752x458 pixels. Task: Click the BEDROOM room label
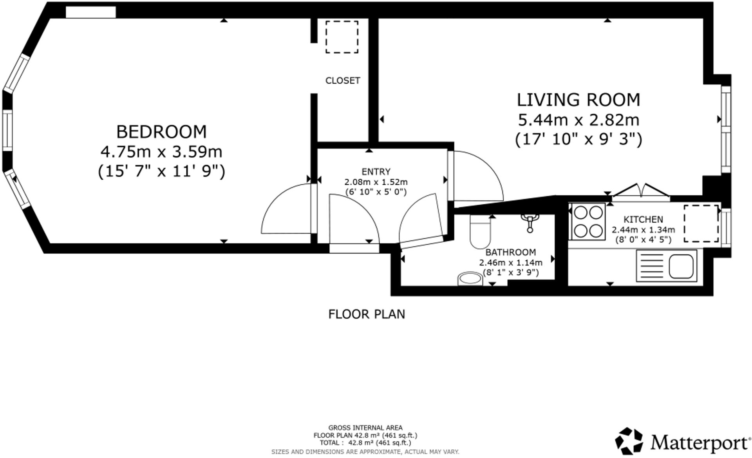point(161,132)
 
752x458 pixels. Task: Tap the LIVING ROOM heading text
point(578,100)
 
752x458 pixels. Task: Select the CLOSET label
point(343,80)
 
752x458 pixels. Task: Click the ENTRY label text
point(376,172)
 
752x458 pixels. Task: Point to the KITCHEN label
point(643,220)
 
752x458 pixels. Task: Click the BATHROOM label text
point(510,252)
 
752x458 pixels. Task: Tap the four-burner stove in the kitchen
point(588,222)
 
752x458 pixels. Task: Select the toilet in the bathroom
point(480,234)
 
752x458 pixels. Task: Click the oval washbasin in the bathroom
point(470,279)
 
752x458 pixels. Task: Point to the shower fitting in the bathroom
point(530,222)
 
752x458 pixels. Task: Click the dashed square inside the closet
point(342,37)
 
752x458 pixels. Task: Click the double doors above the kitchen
point(641,191)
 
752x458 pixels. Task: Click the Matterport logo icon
point(629,441)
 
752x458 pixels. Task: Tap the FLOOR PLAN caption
point(366,314)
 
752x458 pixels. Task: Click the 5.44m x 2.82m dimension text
point(578,120)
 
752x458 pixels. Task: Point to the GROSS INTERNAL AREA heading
point(365,428)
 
